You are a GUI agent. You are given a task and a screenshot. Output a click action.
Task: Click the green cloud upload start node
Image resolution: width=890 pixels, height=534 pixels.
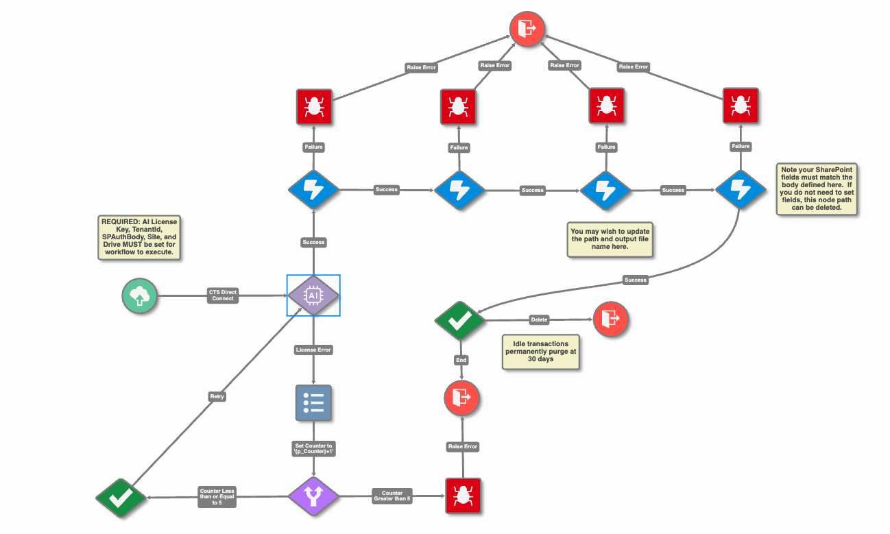(x=139, y=296)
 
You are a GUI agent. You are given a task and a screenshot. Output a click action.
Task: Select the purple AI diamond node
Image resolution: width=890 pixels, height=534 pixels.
(x=313, y=295)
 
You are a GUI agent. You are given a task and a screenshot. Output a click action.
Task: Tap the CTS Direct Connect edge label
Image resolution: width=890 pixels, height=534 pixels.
(x=222, y=295)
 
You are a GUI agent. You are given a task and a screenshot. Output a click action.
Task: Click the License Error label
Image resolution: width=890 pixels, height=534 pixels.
(x=313, y=350)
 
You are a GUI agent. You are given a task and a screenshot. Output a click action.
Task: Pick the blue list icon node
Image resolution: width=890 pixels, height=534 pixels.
(x=313, y=402)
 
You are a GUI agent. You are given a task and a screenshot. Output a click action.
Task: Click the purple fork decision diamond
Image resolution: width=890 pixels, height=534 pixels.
(x=313, y=497)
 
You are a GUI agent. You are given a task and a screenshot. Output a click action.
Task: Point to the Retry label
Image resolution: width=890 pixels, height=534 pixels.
(x=217, y=396)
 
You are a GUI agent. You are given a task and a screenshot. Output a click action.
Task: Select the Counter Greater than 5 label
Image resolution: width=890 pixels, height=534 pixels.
(x=392, y=496)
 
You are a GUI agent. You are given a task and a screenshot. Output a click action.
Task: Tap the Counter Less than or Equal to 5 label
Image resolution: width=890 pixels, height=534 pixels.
(x=217, y=497)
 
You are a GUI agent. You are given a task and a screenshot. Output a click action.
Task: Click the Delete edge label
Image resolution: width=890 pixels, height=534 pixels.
(x=539, y=319)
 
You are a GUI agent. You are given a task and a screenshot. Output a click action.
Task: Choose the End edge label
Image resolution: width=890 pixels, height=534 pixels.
(x=461, y=360)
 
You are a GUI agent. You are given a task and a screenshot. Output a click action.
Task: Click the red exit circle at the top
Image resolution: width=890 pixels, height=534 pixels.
(x=527, y=29)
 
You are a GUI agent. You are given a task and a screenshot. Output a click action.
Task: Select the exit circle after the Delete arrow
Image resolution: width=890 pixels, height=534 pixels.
(x=611, y=319)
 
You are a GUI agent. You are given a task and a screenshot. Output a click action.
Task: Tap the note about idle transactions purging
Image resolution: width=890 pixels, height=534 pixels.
(x=541, y=352)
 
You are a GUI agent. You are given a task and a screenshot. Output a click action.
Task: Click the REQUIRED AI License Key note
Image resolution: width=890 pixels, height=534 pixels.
(x=139, y=237)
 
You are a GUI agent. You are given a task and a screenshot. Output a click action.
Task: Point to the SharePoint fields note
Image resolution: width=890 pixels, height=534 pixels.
(x=817, y=189)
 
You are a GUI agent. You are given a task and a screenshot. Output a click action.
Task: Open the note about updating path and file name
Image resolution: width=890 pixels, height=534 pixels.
(x=610, y=239)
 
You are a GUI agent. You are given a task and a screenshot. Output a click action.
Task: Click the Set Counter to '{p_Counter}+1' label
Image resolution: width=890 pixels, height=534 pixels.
(x=313, y=448)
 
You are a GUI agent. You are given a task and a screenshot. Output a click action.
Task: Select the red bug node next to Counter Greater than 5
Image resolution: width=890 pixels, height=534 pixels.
(x=463, y=496)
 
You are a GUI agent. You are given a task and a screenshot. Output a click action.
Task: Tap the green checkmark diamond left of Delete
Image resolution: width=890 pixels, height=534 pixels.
(x=460, y=320)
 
